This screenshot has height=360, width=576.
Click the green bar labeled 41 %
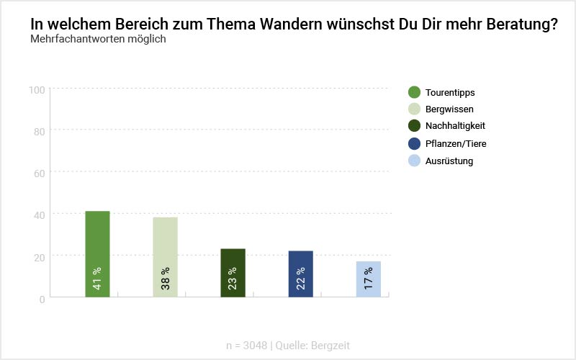point(97,253)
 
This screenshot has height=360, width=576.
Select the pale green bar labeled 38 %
point(165,256)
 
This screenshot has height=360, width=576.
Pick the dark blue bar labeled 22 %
point(300,274)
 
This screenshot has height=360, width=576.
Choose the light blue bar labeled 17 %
point(369,279)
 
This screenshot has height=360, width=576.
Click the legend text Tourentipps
point(450,92)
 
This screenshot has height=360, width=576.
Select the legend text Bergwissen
point(449,109)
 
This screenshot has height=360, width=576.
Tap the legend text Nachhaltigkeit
point(456,126)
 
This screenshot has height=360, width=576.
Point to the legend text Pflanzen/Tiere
point(456,143)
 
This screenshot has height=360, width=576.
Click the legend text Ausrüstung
point(449,161)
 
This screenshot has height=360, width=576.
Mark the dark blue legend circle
point(414,143)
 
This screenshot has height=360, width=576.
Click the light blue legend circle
point(414,161)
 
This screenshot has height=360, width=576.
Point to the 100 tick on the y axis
point(37,89)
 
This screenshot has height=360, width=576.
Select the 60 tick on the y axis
point(40,173)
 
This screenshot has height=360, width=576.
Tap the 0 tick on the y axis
point(42,298)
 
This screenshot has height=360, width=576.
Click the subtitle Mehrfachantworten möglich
point(98,39)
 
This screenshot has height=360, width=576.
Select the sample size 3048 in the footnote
point(255,346)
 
